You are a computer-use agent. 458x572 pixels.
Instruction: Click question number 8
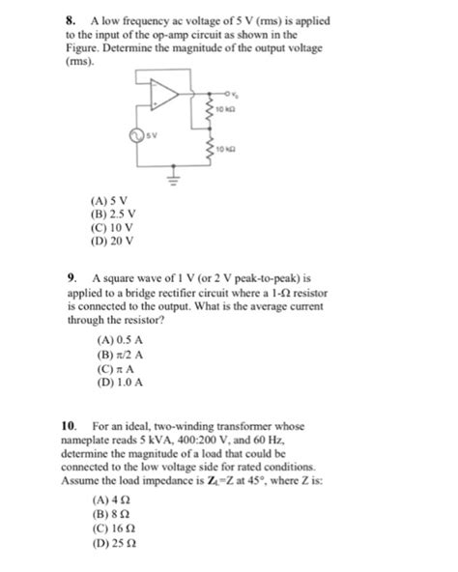click(71, 19)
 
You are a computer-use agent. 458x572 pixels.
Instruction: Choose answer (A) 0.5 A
click(120, 342)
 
